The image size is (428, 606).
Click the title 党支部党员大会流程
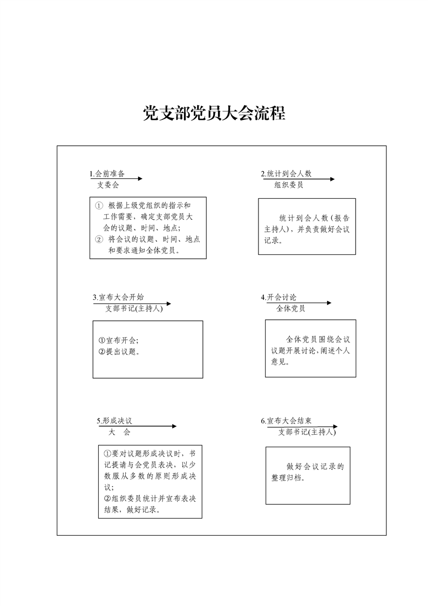pyautogui.click(x=214, y=113)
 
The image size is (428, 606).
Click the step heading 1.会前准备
pyautogui.click(x=107, y=173)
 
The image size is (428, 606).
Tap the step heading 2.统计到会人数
pyautogui.click(x=286, y=173)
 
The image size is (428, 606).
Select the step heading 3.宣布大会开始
pyautogui.click(x=118, y=297)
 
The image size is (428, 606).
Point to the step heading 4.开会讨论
pyautogui.click(x=278, y=297)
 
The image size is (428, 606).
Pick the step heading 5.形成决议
pyautogui.click(x=114, y=421)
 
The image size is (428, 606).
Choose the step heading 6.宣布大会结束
pyautogui.click(x=286, y=421)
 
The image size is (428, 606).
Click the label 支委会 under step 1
pyautogui.click(x=108, y=185)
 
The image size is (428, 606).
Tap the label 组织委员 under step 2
pyautogui.click(x=289, y=185)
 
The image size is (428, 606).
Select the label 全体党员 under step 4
pyautogui.click(x=290, y=308)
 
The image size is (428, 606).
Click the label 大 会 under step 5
pyautogui.click(x=119, y=432)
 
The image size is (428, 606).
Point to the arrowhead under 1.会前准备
pyautogui.click(x=140, y=179)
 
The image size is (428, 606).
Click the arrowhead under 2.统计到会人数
pyautogui.click(x=332, y=179)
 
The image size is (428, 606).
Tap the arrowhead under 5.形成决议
pyautogui.click(x=174, y=426)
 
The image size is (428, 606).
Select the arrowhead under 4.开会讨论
pyautogui.click(x=329, y=302)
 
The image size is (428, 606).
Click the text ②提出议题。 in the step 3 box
pyautogui.click(x=119, y=352)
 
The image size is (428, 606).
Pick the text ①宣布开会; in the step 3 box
pyautogui.click(x=119, y=340)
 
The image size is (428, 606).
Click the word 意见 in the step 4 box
pyautogui.click(x=278, y=362)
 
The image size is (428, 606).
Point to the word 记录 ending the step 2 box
pyautogui.click(x=271, y=240)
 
